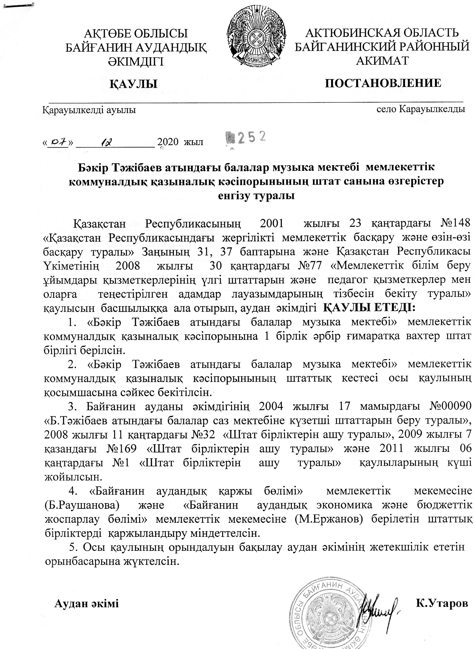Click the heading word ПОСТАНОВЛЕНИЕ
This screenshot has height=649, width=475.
pos(383,83)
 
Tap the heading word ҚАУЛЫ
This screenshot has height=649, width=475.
pos(134,84)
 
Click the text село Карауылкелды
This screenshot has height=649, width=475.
pos(421,110)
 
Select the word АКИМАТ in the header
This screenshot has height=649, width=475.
pos(382,60)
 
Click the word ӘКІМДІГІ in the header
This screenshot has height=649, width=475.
pos(135,61)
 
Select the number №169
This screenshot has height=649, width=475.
pos(122,449)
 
